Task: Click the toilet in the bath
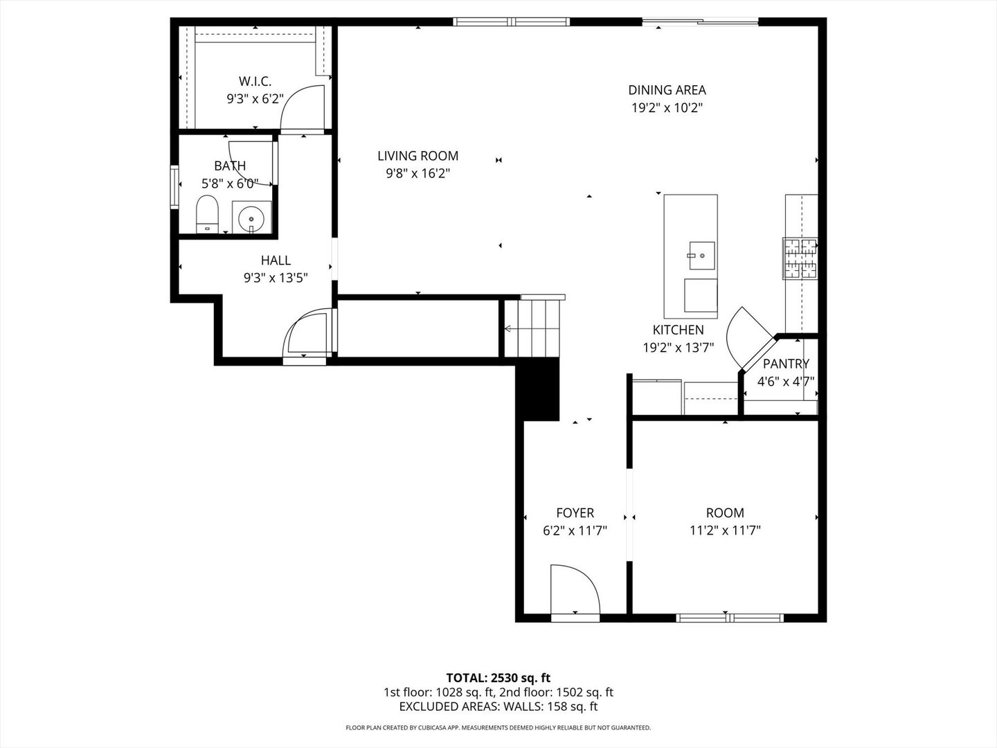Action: coord(207,214)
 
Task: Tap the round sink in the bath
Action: coord(251,219)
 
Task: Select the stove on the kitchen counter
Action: coord(800,258)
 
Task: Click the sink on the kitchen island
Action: coord(701,255)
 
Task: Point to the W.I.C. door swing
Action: coord(302,107)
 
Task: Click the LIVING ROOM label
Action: coord(417,156)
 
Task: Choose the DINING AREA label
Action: coord(667,90)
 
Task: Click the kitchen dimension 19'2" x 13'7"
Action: coord(678,348)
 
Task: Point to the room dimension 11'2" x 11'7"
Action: coord(725,531)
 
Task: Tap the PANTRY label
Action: coord(786,364)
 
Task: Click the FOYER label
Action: coord(575,513)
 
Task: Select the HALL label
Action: coord(276,260)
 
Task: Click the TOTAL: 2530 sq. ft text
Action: coord(498,677)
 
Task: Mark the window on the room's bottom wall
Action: coord(730,617)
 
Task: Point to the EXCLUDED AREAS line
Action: coord(498,706)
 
